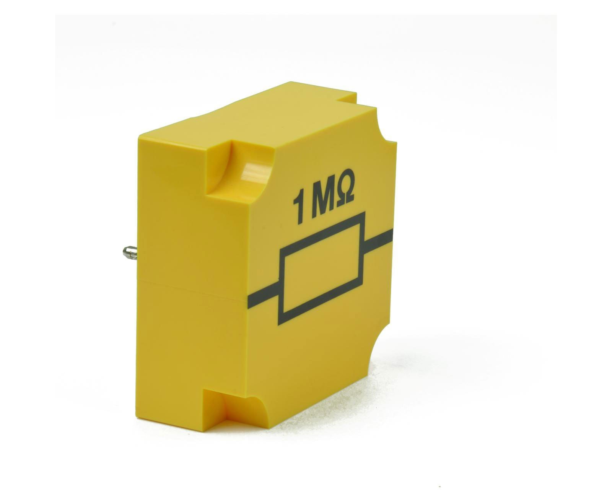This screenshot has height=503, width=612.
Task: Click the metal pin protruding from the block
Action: coord(130,252)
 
